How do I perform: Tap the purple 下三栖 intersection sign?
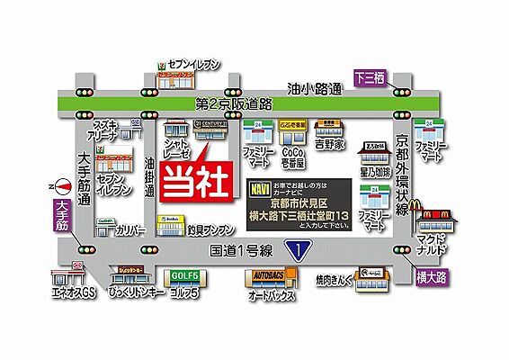[x=369, y=77]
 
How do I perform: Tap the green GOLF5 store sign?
[x=186, y=277]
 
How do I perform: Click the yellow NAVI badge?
[x=256, y=190]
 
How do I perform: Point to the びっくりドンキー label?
[x=137, y=293]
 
